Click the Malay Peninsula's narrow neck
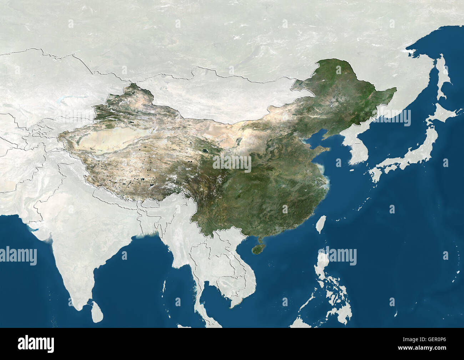coord(196,285)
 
